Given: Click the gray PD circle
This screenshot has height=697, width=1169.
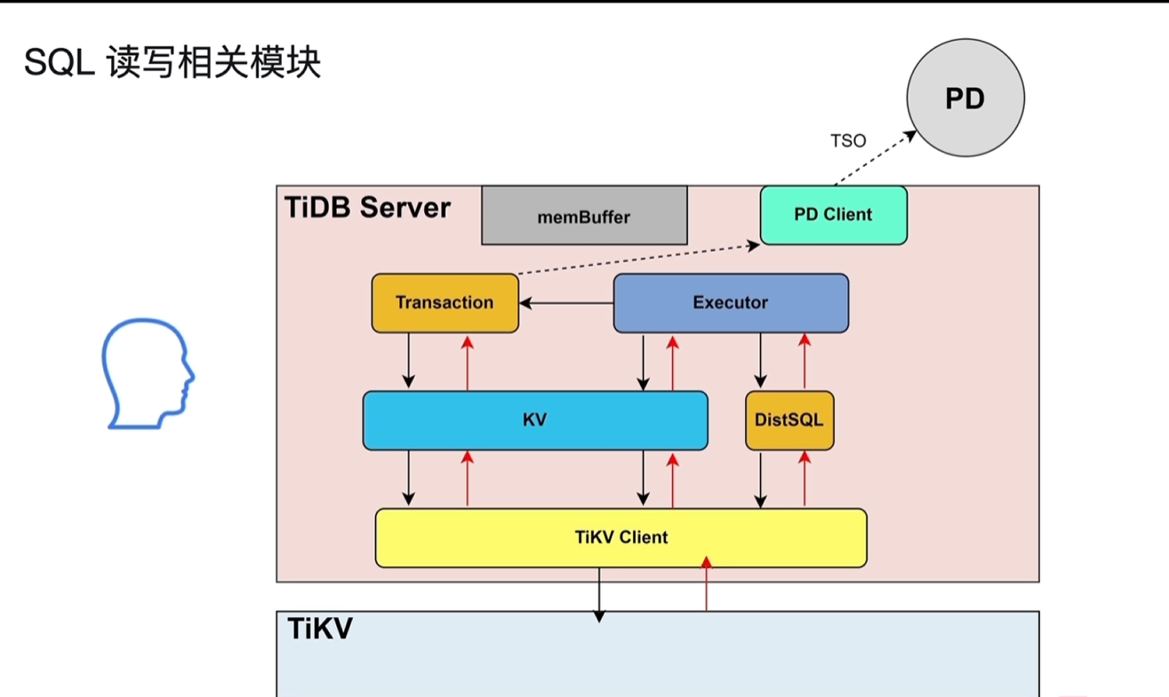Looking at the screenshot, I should coord(965,98).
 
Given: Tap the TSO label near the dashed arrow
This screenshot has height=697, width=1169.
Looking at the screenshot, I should coord(847,140).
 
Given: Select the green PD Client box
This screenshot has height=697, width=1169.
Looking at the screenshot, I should coord(833,215).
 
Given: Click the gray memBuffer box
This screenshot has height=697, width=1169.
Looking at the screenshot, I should coord(584,216).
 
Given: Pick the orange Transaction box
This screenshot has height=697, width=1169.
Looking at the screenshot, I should coord(444,303).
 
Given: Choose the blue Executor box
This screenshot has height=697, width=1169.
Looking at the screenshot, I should coord(731,303).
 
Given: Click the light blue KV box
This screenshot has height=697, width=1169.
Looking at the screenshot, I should coord(534,420).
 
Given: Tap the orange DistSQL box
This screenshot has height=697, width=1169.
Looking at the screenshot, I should coord(789,420).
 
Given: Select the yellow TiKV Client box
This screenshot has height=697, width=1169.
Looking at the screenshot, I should coord(621,537).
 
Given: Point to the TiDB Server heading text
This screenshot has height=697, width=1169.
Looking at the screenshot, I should coord(367,207).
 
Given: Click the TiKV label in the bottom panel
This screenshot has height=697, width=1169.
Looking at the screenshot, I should coord(320,629).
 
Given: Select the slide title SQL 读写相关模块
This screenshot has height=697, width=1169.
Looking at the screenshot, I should coord(172,63).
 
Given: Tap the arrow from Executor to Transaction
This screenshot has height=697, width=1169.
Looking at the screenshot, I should coord(566,303).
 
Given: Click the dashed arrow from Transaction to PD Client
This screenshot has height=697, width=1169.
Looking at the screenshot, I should coord(637,259).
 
